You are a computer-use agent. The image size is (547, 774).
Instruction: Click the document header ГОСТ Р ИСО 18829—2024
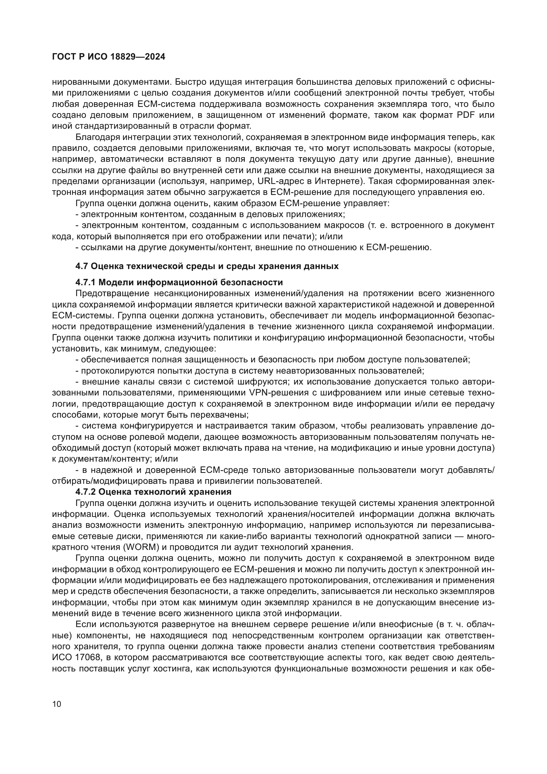pos(108,57)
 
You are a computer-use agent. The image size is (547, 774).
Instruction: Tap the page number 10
pos(57,704)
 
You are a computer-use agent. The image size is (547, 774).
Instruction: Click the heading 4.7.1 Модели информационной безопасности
pos(179,282)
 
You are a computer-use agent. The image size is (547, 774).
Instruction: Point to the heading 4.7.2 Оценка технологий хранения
pos(153,492)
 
